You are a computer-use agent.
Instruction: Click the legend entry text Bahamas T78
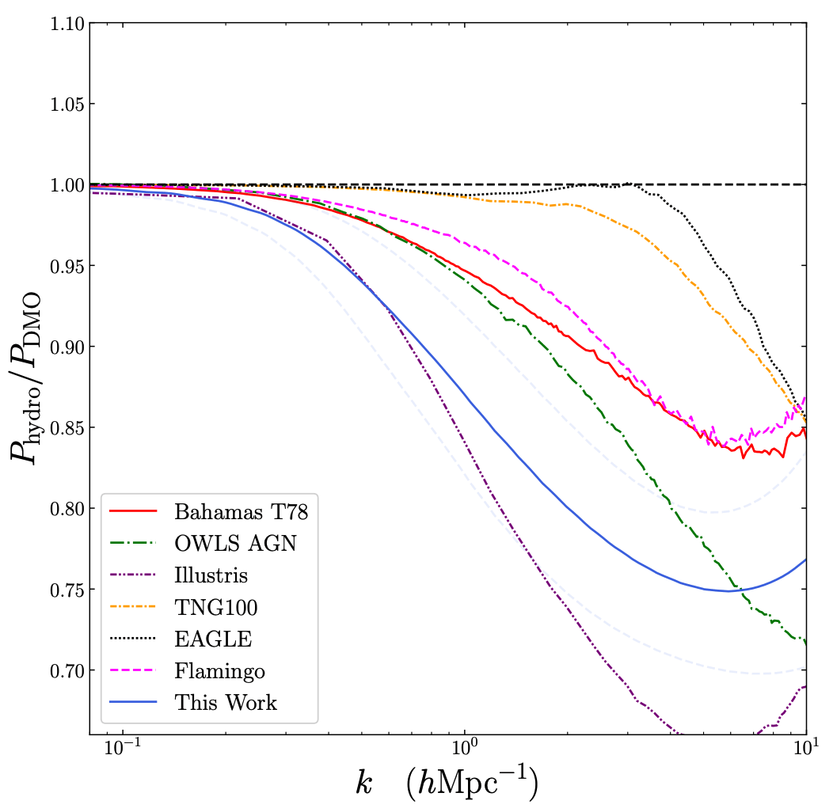tap(242, 511)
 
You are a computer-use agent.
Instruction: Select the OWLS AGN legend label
tap(235, 543)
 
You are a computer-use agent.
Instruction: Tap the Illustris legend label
tap(211, 575)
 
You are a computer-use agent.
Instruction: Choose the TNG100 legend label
tap(215, 607)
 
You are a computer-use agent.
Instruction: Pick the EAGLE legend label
tap(213, 639)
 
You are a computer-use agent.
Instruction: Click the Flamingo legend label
tap(219, 671)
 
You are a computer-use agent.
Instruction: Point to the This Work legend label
tap(226, 703)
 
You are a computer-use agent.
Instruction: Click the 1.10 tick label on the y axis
tap(67, 24)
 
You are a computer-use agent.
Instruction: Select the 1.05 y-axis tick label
tap(67, 104)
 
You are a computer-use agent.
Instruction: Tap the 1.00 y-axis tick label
tap(67, 185)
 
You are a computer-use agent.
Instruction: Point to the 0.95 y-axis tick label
tap(67, 267)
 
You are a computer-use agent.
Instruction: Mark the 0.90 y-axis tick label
tap(67, 347)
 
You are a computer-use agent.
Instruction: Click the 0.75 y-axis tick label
tap(67, 590)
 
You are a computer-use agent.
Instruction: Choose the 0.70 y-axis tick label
tap(67, 671)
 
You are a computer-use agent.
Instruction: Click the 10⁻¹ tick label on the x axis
tap(123, 748)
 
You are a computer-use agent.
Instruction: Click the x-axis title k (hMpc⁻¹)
tap(447, 783)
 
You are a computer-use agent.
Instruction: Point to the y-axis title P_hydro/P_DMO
tap(25, 378)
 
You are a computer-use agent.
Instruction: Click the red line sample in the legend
tap(133, 511)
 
